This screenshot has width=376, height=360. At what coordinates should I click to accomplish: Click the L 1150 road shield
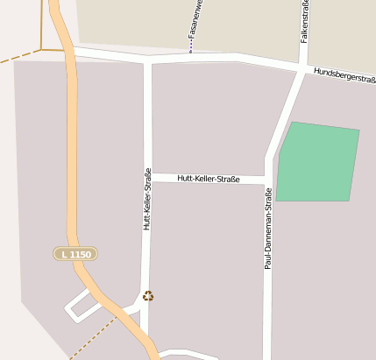click(x=74, y=253)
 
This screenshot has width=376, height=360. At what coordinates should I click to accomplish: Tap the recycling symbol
click(x=148, y=296)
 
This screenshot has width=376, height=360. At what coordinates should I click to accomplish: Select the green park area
click(x=317, y=162)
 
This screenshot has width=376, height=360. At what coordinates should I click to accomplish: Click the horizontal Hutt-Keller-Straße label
click(x=208, y=179)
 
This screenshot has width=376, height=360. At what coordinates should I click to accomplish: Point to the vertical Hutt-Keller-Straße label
click(x=147, y=200)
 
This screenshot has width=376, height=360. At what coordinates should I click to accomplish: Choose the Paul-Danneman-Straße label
click(x=268, y=228)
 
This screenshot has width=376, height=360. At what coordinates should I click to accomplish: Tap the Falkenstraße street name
click(x=305, y=21)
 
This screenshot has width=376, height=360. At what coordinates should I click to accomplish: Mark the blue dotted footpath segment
click(x=190, y=44)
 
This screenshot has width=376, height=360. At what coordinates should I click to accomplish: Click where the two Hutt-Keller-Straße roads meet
click(x=147, y=175)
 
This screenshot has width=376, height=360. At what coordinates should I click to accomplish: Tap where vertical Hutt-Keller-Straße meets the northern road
click(x=147, y=61)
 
